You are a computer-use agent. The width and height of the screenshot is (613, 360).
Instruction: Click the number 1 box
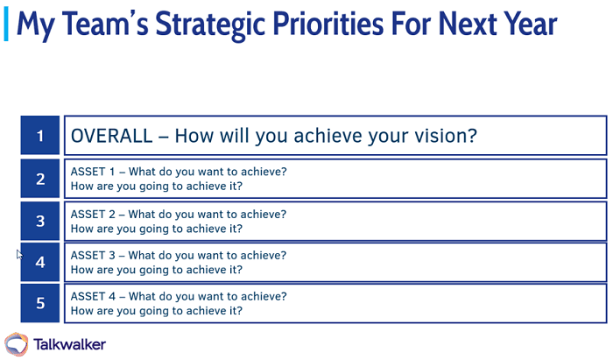[x=40, y=136]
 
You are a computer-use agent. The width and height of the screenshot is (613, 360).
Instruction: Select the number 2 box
[x=40, y=180]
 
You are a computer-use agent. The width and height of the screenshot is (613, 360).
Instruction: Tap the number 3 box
[x=40, y=222]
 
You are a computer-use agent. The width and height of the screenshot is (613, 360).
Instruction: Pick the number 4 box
[x=40, y=263]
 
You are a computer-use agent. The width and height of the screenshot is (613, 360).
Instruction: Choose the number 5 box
[x=40, y=304]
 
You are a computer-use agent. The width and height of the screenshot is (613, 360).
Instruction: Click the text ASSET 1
[x=92, y=172]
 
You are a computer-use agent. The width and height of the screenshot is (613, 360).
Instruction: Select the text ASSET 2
[x=92, y=214]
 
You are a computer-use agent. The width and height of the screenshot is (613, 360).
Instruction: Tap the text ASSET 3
[x=92, y=255]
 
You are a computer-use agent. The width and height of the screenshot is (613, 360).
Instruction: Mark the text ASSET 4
[x=92, y=296]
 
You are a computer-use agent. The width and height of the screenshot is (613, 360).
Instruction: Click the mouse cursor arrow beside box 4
[x=19, y=254]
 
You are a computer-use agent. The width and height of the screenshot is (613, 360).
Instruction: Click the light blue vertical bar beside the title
[x=7, y=24]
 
